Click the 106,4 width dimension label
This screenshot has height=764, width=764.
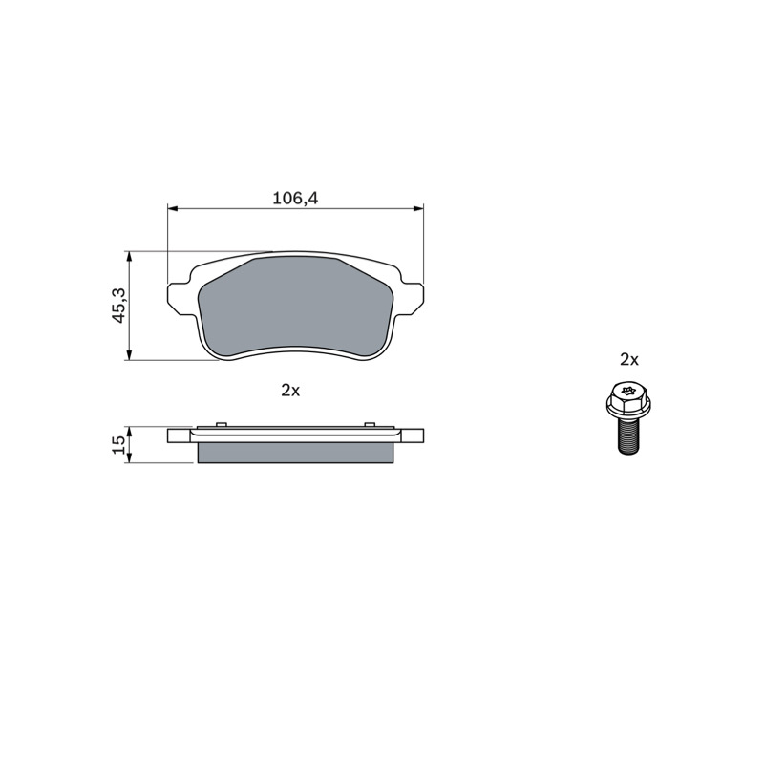tap(295, 199)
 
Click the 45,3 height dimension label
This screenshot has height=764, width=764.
tap(119, 305)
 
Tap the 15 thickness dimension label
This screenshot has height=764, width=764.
tap(118, 445)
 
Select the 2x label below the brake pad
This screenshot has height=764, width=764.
tap(290, 391)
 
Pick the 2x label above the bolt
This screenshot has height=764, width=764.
tap(629, 360)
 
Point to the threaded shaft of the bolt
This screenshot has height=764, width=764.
tap(628, 435)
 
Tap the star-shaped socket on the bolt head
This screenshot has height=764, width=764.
tap(628, 391)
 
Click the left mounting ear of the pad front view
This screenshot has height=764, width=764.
tap(179, 296)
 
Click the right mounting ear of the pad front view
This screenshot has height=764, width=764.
tap(413, 296)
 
